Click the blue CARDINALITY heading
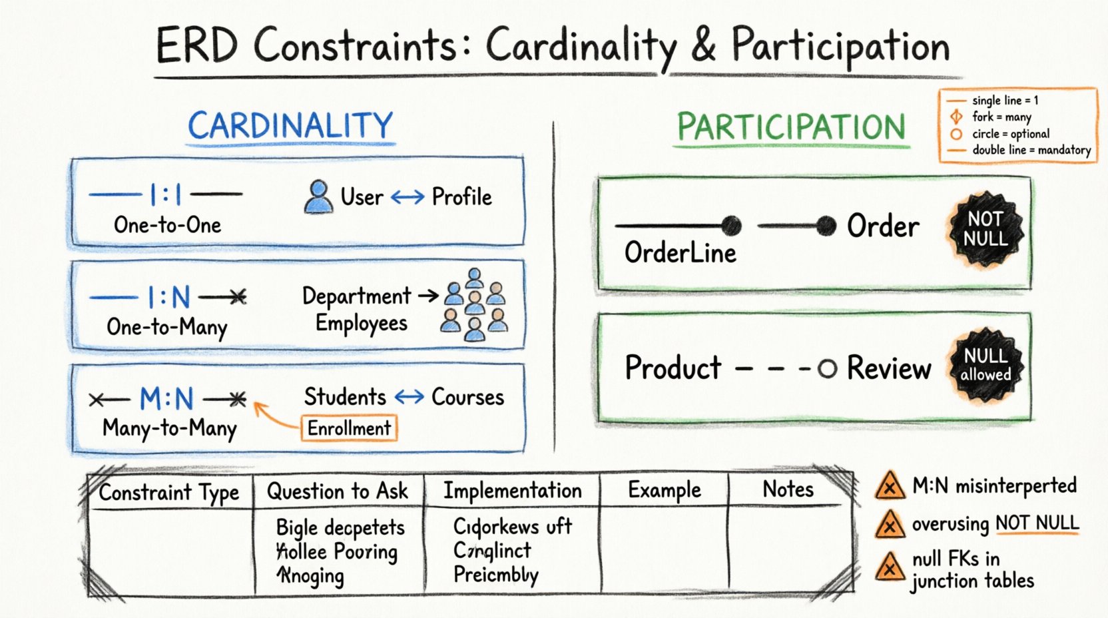290,125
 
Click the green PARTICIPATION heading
791,127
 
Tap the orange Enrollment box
349,428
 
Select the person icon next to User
318,197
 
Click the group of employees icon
474,306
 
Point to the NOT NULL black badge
985,230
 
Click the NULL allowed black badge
985,366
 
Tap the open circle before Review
827,368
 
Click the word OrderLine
680,253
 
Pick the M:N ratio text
166,399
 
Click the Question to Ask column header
337,491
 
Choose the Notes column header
788,489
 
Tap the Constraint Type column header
169,493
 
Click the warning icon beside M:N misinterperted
889,486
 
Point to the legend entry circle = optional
1010,134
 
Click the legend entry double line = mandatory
1031,151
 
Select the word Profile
461,197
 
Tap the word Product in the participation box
673,368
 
